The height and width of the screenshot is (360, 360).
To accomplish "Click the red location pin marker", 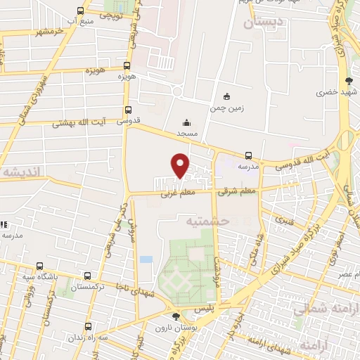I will tap(181, 165).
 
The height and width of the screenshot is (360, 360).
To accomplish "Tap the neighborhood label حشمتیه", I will tap(210, 221).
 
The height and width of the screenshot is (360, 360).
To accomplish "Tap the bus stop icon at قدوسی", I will tap(128, 110).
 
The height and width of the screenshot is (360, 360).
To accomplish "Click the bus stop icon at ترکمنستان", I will tap(86, 276).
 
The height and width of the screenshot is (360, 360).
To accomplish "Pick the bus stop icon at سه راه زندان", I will tap(89, 326).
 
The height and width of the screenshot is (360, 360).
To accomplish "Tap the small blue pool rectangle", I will tap(146, 259).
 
